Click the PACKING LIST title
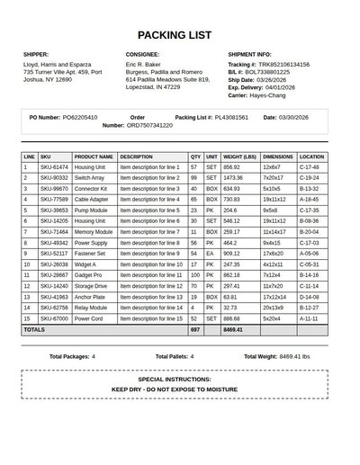pos(175,35)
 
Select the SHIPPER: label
pos(36,55)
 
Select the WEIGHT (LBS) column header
pos(240,156)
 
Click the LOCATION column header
pos(311,156)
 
